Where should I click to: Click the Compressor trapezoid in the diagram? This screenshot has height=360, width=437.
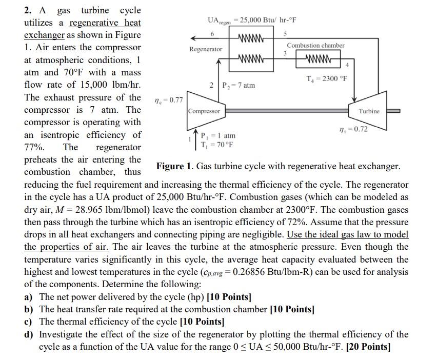coord(204,111)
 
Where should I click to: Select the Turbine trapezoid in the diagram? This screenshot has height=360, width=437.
coord(369,111)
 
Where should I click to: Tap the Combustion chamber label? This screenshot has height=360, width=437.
coord(315,45)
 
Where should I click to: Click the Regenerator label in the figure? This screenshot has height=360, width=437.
coord(206,49)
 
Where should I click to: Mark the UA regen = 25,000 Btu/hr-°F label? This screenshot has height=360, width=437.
coord(251,20)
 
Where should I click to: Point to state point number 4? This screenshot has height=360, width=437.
coord(347,65)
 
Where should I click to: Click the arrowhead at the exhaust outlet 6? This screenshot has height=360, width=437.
coord(192,38)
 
